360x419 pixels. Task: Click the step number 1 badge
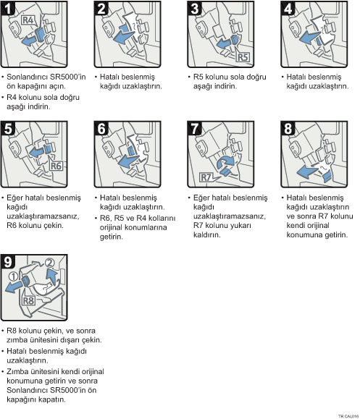8,8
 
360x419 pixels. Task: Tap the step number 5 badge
8,128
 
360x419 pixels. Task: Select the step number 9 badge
8,261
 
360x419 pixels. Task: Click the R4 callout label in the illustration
28,20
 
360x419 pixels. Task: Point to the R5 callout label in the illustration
243,57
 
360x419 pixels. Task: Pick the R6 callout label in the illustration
56,166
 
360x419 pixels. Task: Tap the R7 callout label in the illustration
206,177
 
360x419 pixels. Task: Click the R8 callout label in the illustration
28,300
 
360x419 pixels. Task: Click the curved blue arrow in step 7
225,161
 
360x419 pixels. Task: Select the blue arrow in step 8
307,171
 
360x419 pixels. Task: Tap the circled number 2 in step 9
49,263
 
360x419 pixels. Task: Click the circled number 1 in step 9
13,276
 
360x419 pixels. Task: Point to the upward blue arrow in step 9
51,276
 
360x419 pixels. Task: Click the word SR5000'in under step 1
68,77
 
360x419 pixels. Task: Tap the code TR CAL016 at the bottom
348,416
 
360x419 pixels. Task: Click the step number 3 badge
194,8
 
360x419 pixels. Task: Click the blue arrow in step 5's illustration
36,152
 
